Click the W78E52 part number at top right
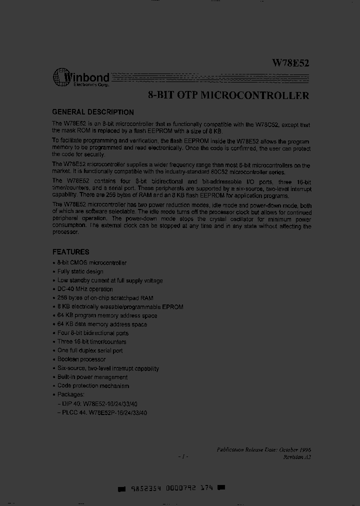pos(290,63)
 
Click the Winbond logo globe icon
pos(61,77)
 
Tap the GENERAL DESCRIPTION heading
pos(93,112)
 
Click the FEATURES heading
pos(71,252)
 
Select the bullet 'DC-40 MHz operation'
pos(85,289)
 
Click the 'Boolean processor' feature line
pos(81,359)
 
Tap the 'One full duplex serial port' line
pos(90,350)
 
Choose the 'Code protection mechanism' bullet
pos(93,385)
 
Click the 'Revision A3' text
pos(297,457)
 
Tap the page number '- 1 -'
pos(183,456)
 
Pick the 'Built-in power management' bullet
pos(92,377)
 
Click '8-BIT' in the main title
pos(161,95)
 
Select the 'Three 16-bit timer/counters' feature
pos(91,341)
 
